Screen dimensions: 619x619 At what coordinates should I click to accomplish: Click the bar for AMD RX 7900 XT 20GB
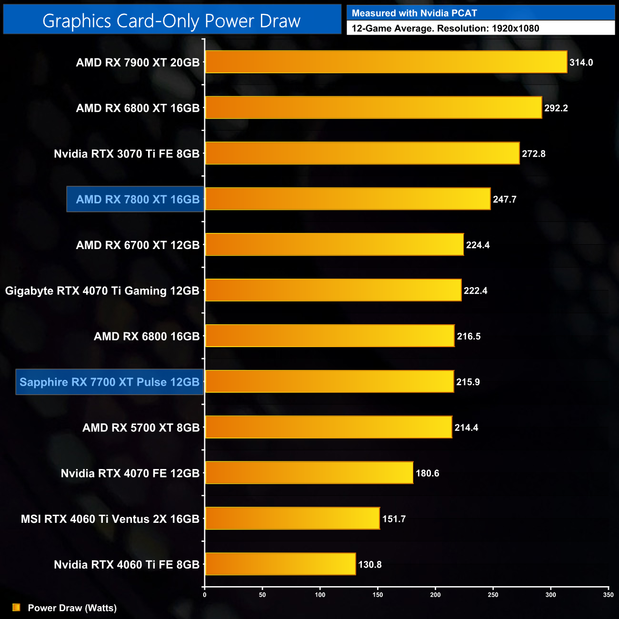386,62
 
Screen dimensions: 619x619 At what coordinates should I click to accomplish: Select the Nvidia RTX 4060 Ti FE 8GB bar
280,564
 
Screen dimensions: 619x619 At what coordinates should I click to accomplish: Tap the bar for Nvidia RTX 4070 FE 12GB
309,473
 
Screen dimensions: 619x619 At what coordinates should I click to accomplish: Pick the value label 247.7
505,200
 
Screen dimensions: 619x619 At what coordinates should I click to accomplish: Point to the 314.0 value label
581,62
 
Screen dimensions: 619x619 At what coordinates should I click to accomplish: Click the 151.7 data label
394,519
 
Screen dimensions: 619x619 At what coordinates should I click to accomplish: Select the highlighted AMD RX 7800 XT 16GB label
137,200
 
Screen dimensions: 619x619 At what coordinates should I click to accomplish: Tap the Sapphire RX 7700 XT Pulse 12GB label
110,382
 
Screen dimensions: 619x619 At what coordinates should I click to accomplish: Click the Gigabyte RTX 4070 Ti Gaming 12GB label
102,290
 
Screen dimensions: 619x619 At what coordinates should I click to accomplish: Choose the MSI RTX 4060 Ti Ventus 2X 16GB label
110,519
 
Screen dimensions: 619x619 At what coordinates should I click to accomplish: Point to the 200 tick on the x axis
435,595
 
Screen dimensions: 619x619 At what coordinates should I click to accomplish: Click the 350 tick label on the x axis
608,595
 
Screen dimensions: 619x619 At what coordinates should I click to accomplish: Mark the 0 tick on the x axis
205,595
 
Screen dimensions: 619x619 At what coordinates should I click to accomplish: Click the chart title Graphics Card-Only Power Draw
171,21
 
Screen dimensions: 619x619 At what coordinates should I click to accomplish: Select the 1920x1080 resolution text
515,29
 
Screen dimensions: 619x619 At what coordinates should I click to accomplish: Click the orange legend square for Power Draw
16,608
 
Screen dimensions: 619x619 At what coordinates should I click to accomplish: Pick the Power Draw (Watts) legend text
72,608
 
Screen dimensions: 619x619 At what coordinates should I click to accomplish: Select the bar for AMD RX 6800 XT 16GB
373,108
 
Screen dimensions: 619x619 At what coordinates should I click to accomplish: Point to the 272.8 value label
533,154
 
